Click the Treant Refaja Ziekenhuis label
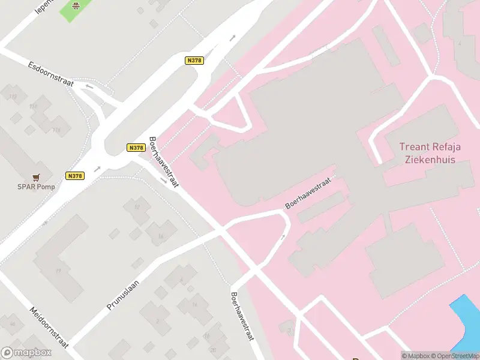pyautogui.click(x=428, y=153)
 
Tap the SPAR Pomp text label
pyautogui.click(x=36, y=187)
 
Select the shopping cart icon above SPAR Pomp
pyautogui.click(x=37, y=177)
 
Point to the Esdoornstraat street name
pyautogui.click(x=50, y=73)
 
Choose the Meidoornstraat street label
pyautogui.click(x=50, y=327)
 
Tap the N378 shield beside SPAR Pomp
pyautogui.click(x=74, y=176)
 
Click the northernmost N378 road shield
pyautogui.click(x=194, y=60)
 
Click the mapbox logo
pyautogui.click(x=26, y=353)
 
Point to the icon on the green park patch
pyautogui.click(x=76, y=6)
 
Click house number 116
pyautogui.click(x=57, y=130)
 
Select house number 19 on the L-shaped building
pyautogui.click(x=58, y=271)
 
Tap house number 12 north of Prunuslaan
pyautogui.click(x=137, y=207)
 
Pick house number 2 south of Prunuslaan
pyautogui.click(x=157, y=321)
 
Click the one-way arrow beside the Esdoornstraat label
pyautogui.click(x=89, y=86)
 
